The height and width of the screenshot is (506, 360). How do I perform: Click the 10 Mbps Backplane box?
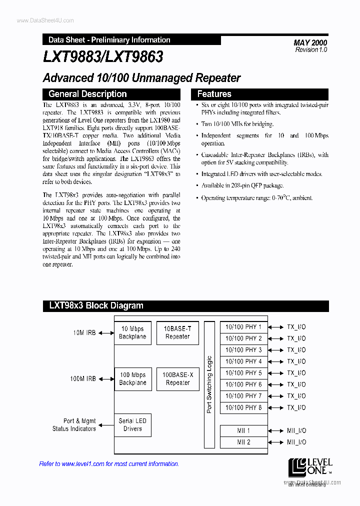click(x=132, y=333)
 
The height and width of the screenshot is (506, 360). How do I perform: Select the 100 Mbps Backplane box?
click(x=132, y=379)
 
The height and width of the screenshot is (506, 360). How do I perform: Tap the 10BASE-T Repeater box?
click(x=177, y=333)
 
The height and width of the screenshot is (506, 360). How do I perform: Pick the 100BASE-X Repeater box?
click(x=177, y=379)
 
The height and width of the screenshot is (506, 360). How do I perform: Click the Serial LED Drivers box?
click(x=132, y=424)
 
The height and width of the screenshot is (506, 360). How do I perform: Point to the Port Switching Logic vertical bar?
click(x=209, y=384)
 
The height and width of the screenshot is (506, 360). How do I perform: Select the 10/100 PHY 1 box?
click(x=243, y=327)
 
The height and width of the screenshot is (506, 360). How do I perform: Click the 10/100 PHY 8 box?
click(x=243, y=407)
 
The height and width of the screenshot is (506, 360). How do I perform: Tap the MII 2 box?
click(x=243, y=442)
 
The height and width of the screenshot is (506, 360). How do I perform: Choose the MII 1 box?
click(x=243, y=430)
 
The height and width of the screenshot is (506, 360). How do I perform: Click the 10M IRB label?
click(x=84, y=333)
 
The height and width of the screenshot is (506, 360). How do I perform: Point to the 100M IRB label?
click(x=83, y=379)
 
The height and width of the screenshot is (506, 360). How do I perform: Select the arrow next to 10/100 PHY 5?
click(x=275, y=373)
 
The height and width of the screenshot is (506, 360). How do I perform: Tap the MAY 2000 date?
click(x=310, y=42)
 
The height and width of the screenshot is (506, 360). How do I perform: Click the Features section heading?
click(x=214, y=94)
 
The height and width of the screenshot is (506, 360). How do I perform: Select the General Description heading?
click(x=87, y=94)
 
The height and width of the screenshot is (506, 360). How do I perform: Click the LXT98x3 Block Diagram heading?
click(x=96, y=305)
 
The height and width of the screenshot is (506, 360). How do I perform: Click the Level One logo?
click(x=309, y=466)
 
